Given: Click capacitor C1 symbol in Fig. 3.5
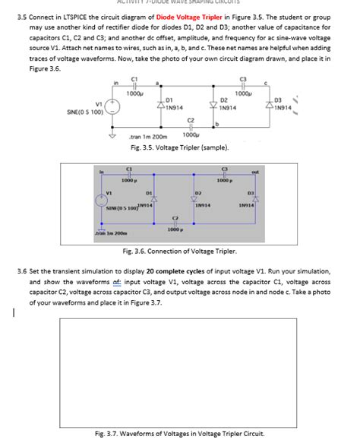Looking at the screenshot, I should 134,85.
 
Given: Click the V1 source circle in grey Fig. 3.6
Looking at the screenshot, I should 101,201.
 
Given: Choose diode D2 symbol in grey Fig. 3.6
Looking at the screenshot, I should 195,200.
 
